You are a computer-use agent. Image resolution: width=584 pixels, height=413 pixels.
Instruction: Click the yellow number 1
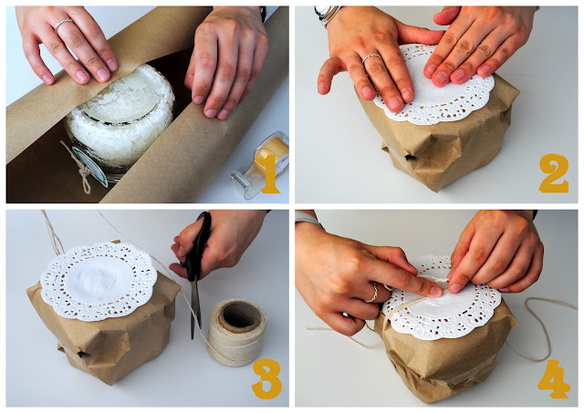270,174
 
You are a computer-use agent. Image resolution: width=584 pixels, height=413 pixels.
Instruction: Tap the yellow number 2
554,173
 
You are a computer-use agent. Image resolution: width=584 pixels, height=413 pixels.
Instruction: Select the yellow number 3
266,378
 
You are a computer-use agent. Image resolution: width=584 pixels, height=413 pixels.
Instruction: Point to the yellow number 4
554,378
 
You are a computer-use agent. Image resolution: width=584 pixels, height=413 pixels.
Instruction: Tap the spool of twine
237,333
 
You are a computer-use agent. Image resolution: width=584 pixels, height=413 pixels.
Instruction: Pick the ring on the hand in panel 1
63,25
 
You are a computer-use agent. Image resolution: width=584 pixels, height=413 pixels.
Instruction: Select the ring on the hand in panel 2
371,57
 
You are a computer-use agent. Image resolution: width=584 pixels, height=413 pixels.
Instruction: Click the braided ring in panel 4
373,293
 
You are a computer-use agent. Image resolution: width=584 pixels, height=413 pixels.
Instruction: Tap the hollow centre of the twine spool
239,318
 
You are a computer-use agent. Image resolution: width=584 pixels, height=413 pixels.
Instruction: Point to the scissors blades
194,309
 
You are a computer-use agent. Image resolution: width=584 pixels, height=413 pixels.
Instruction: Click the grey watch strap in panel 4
308,219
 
